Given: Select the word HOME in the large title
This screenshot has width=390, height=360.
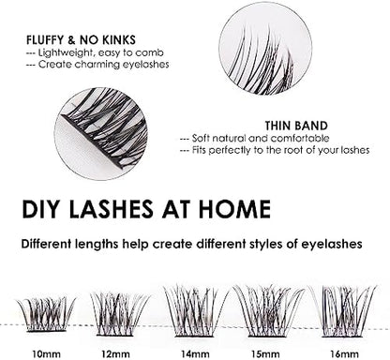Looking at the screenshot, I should (238, 209).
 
